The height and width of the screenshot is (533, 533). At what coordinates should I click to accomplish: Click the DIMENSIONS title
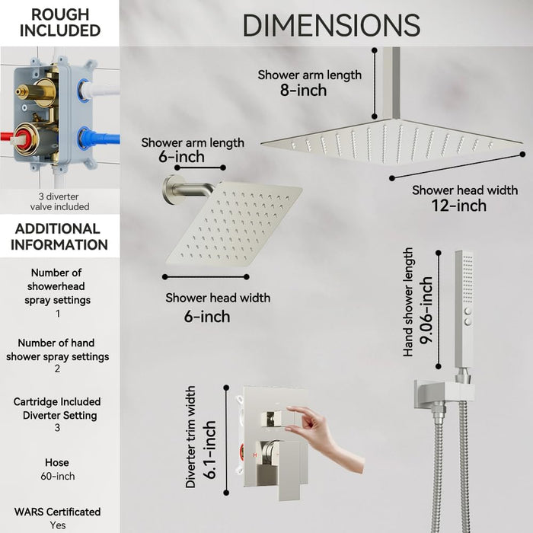tap(331, 25)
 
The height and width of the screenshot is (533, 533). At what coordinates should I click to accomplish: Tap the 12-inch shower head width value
tap(458, 206)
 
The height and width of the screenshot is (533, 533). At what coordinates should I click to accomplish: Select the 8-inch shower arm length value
tap(303, 91)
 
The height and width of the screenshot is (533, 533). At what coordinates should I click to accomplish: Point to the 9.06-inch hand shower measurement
tap(426, 310)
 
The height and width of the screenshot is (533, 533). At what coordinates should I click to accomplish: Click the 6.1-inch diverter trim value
tap(209, 450)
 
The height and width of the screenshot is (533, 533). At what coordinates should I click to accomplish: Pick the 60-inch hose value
tap(57, 476)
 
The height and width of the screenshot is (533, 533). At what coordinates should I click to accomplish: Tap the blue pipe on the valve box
tap(103, 139)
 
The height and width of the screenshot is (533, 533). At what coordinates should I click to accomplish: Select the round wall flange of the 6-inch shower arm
tap(170, 190)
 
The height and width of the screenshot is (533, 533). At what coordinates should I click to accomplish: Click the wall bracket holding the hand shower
tap(444, 394)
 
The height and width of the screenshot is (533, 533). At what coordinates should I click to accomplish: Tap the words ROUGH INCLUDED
tap(60, 22)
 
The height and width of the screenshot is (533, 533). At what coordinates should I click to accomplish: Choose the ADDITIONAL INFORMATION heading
tap(59, 237)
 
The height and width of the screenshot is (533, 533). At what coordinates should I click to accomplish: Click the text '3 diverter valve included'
tap(59, 202)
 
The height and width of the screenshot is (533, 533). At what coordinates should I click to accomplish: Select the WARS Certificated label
tap(57, 512)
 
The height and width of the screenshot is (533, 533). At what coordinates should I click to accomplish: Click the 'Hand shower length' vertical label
tap(407, 302)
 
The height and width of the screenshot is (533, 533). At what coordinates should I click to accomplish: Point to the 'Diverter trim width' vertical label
tap(190, 437)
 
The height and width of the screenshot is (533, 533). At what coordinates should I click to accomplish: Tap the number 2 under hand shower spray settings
tap(57, 369)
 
